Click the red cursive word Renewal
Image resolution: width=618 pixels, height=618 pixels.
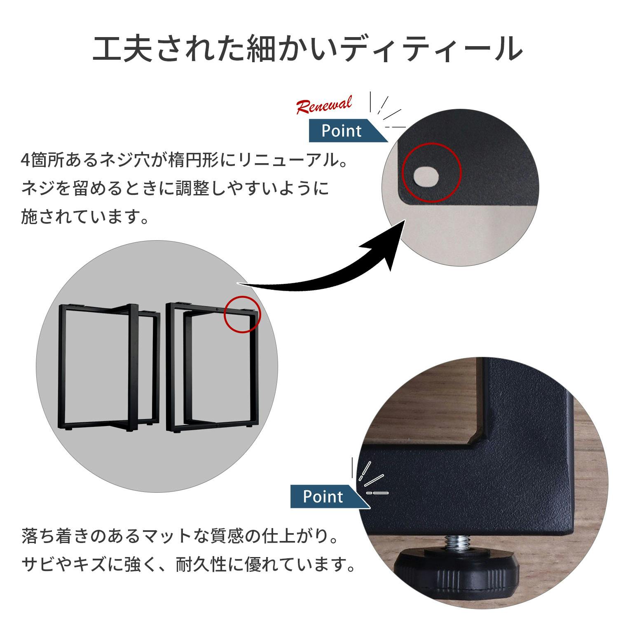325,104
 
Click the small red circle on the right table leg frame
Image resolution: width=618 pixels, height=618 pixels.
243,314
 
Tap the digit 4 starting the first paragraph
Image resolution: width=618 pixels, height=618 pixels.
25,160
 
